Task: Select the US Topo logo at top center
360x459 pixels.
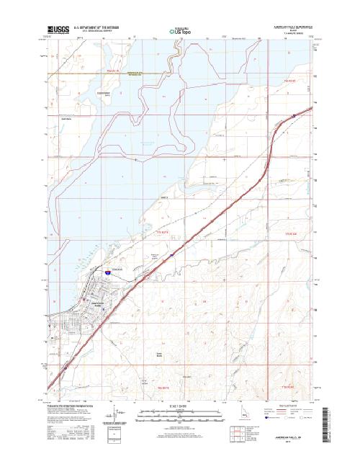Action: point(180,31)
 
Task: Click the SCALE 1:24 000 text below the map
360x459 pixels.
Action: point(180,408)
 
